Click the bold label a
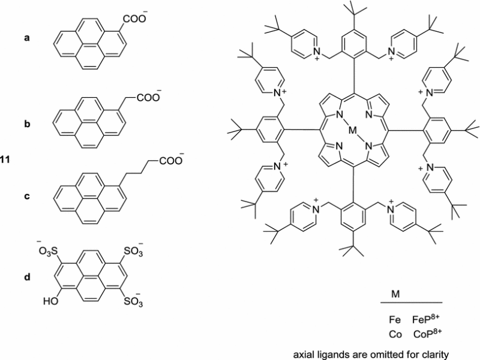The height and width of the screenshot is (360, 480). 26,37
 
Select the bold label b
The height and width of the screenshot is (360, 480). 26,125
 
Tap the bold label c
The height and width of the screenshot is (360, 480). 26,196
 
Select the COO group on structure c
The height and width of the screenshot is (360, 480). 170,160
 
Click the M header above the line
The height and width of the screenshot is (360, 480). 396,295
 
